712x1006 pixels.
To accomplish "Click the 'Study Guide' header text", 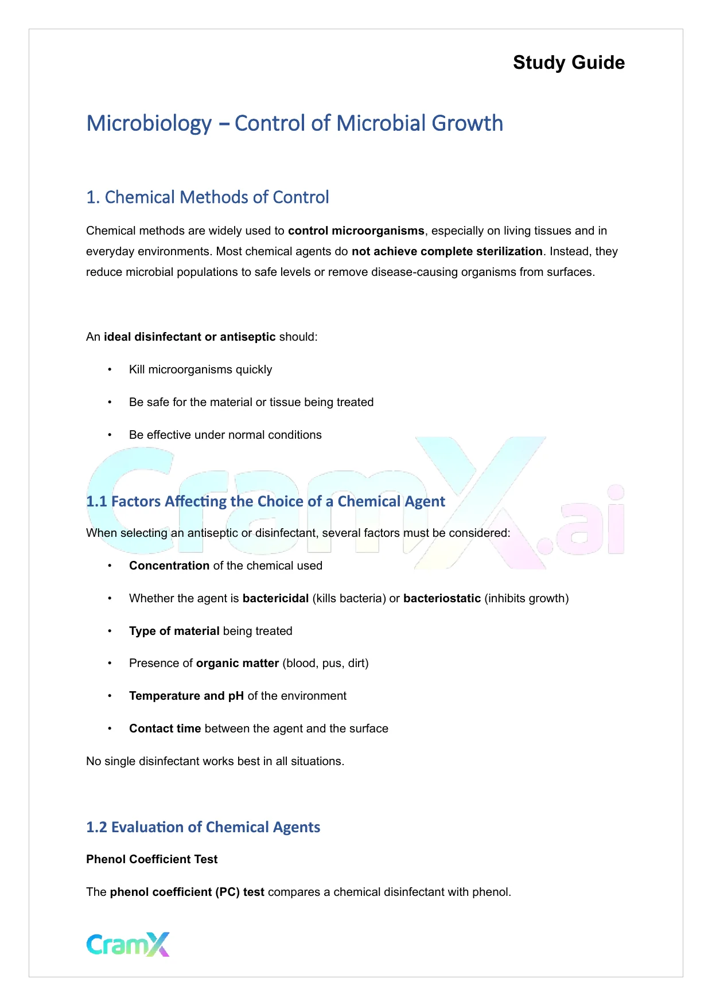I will pos(569,63).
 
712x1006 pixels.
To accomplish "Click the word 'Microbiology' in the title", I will pos(149,123).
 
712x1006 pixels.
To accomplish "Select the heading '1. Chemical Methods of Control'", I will pos(208,197).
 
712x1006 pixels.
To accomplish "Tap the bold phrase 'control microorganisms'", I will pos(356,231).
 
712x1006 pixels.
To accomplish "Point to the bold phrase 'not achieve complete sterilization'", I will pos(447,251).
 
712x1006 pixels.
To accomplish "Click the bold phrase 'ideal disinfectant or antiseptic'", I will pos(189,337).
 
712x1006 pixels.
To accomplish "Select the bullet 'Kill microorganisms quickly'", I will pos(200,369).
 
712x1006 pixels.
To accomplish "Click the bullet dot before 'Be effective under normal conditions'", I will pos(110,435).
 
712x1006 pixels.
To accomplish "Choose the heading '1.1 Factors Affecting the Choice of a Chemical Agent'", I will pos(266,501).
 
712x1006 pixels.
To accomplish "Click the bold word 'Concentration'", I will pos(169,566).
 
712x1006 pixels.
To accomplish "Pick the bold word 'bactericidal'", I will pos(275,598).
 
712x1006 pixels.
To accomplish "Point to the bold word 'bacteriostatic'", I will pos(442,598).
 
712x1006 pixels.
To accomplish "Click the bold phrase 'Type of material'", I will pos(174,631).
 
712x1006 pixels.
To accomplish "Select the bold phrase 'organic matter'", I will pos(237,663).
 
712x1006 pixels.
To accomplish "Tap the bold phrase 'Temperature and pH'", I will pos(186,696).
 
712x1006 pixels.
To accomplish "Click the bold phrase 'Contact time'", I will pos(165,728).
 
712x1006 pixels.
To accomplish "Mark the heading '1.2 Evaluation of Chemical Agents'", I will pos(203,827).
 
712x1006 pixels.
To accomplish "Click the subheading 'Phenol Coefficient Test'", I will pos(152,859).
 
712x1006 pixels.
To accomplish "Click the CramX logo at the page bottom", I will pos(128,944).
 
